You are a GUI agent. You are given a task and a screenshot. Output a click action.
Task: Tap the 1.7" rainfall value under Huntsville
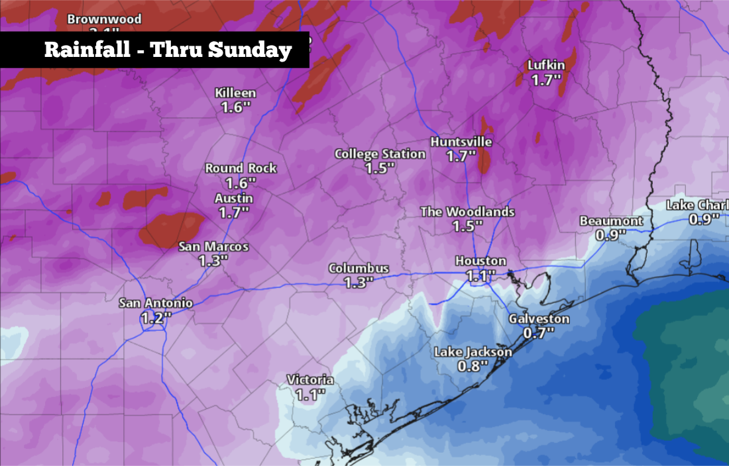(461, 156)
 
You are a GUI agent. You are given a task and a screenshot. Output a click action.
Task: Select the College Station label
(380, 154)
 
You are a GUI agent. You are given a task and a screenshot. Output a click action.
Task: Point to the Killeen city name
(235, 93)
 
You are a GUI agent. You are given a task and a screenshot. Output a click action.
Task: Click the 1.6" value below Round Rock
(241, 183)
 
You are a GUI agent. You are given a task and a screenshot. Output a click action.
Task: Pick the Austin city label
(233, 198)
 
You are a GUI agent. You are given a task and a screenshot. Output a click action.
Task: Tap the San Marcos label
(213, 247)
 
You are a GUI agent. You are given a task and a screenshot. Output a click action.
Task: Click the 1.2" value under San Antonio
(156, 318)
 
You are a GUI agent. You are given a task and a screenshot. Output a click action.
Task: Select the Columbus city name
(359, 268)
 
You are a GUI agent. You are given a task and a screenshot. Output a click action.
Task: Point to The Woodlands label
(467, 212)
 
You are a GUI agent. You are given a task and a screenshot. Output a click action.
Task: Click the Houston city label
(480, 261)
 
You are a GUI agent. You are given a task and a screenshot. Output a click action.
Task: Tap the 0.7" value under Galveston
(538, 333)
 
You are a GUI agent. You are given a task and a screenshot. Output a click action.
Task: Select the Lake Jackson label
(473, 351)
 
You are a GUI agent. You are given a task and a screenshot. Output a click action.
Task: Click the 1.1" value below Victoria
(309, 395)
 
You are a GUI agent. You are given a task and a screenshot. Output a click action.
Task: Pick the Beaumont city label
(610, 220)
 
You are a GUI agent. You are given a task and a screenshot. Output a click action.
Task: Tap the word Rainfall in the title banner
(86, 50)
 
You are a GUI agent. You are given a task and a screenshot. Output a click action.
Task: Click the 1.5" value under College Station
(380, 168)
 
